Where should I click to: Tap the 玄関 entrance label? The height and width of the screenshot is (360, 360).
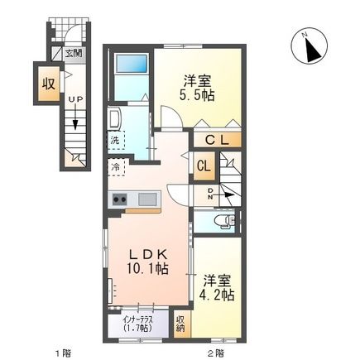click(73, 54)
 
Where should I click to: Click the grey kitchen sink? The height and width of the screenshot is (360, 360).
click(146, 199)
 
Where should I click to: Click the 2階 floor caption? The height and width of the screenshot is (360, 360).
click(214, 352)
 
